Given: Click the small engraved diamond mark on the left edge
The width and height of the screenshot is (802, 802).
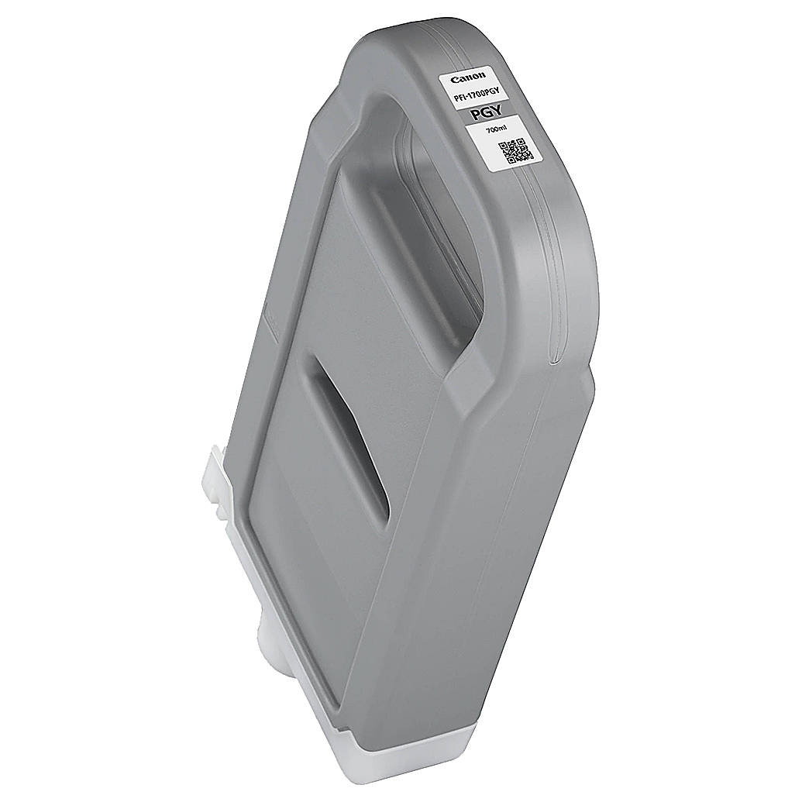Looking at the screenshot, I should point(267,317).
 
